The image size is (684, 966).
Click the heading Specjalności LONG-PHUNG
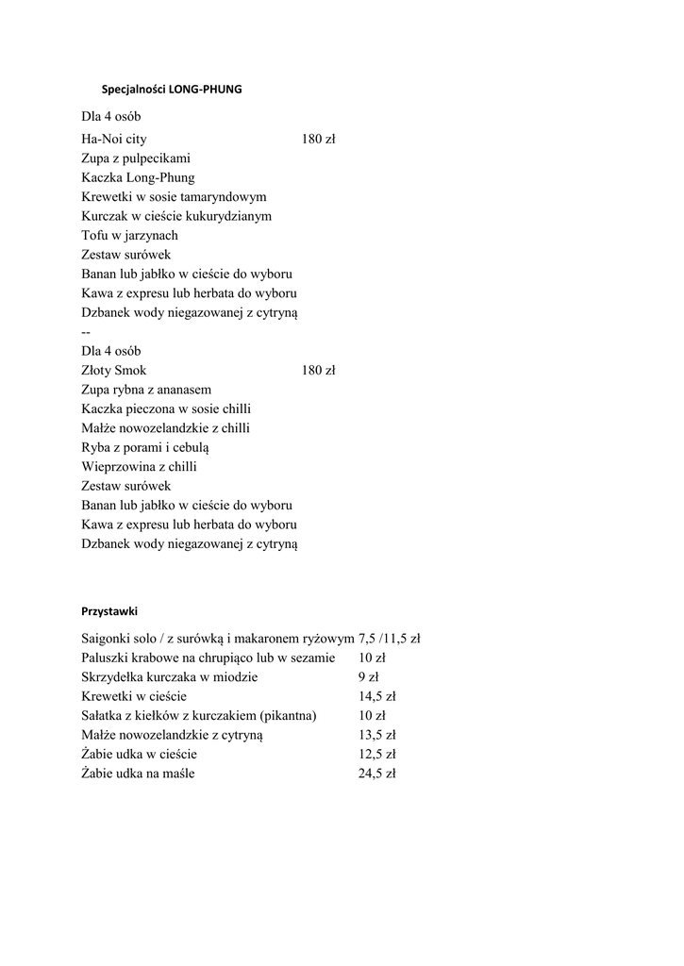[171, 90]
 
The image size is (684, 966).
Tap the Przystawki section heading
[109, 611]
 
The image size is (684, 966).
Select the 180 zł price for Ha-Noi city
[319, 139]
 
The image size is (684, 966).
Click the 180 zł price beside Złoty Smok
[319, 371]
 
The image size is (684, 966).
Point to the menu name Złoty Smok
[114, 371]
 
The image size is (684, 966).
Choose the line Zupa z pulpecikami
[136, 158]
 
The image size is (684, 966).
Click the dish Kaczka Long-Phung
[138, 177]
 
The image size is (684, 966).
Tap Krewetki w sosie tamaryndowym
[174, 197]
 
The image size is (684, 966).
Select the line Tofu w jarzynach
[129, 236]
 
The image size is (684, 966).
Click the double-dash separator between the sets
[86, 332]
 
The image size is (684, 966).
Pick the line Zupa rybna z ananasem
[146, 390]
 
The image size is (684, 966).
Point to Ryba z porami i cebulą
[145, 448]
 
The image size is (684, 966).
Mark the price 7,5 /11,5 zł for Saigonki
[389, 639]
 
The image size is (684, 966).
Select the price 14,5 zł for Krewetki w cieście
[376, 696]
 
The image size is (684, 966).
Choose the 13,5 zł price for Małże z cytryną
[376, 735]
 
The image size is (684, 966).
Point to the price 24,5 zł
[376, 774]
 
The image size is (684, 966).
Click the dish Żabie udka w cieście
[140, 755]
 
